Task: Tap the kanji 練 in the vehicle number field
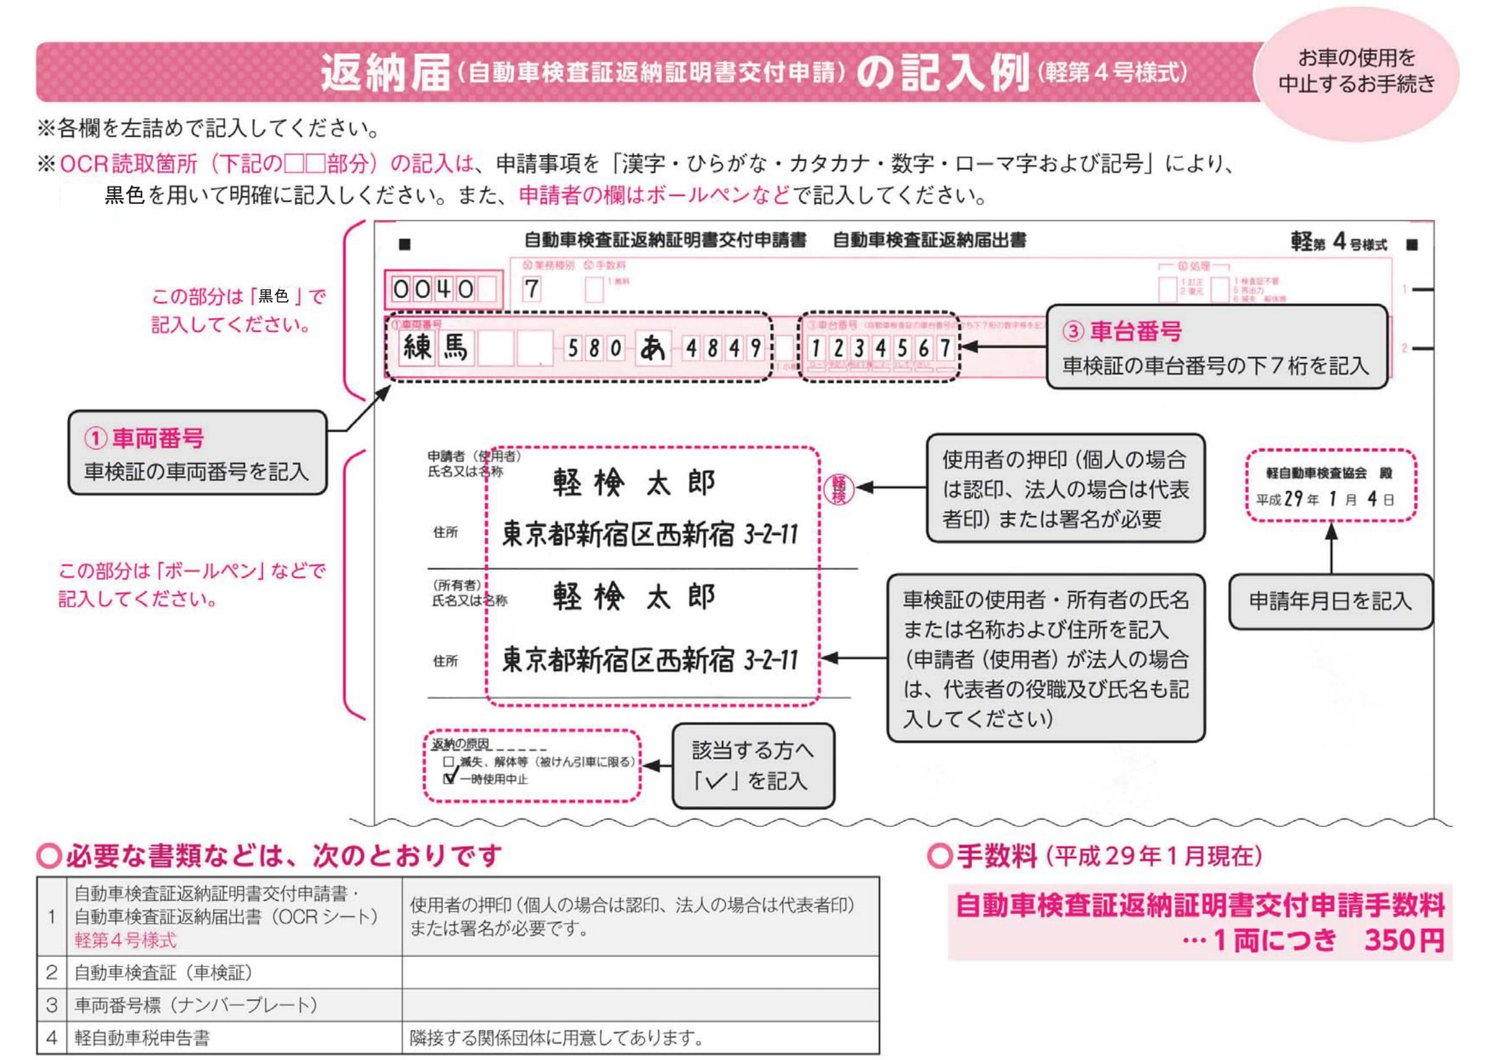[x=417, y=347]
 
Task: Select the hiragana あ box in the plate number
[x=653, y=349]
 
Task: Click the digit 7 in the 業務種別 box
[x=532, y=289]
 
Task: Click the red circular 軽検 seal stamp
[x=839, y=488]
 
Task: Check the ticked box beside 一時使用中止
[x=449, y=779]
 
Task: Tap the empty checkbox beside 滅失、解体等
[x=448, y=762]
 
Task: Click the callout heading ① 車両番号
[x=144, y=438]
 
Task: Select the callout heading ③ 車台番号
[x=1122, y=331]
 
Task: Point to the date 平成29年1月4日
[x=1325, y=499]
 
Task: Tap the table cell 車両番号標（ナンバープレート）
[x=196, y=1005]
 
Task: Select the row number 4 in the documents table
[x=52, y=1037]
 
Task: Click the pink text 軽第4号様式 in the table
[x=126, y=941]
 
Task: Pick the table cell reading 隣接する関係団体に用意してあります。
[x=557, y=1037]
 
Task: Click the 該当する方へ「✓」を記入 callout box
[x=753, y=766]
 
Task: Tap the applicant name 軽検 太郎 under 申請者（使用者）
[x=633, y=483]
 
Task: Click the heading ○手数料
[x=982, y=856]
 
